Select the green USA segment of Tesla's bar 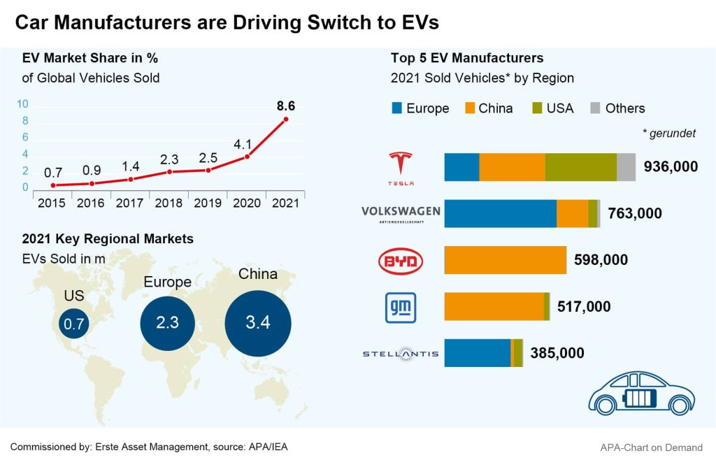[580, 168]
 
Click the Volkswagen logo [401, 214]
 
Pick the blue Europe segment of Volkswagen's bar [500, 213]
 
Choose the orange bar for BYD [505, 260]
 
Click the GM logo [401, 307]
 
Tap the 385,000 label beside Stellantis [557, 353]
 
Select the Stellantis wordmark [401, 354]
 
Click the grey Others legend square [595, 108]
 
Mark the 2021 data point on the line [285, 120]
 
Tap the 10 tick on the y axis [22, 104]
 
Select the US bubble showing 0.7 [73, 324]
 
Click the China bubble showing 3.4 [257, 322]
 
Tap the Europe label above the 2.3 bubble [167, 282]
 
